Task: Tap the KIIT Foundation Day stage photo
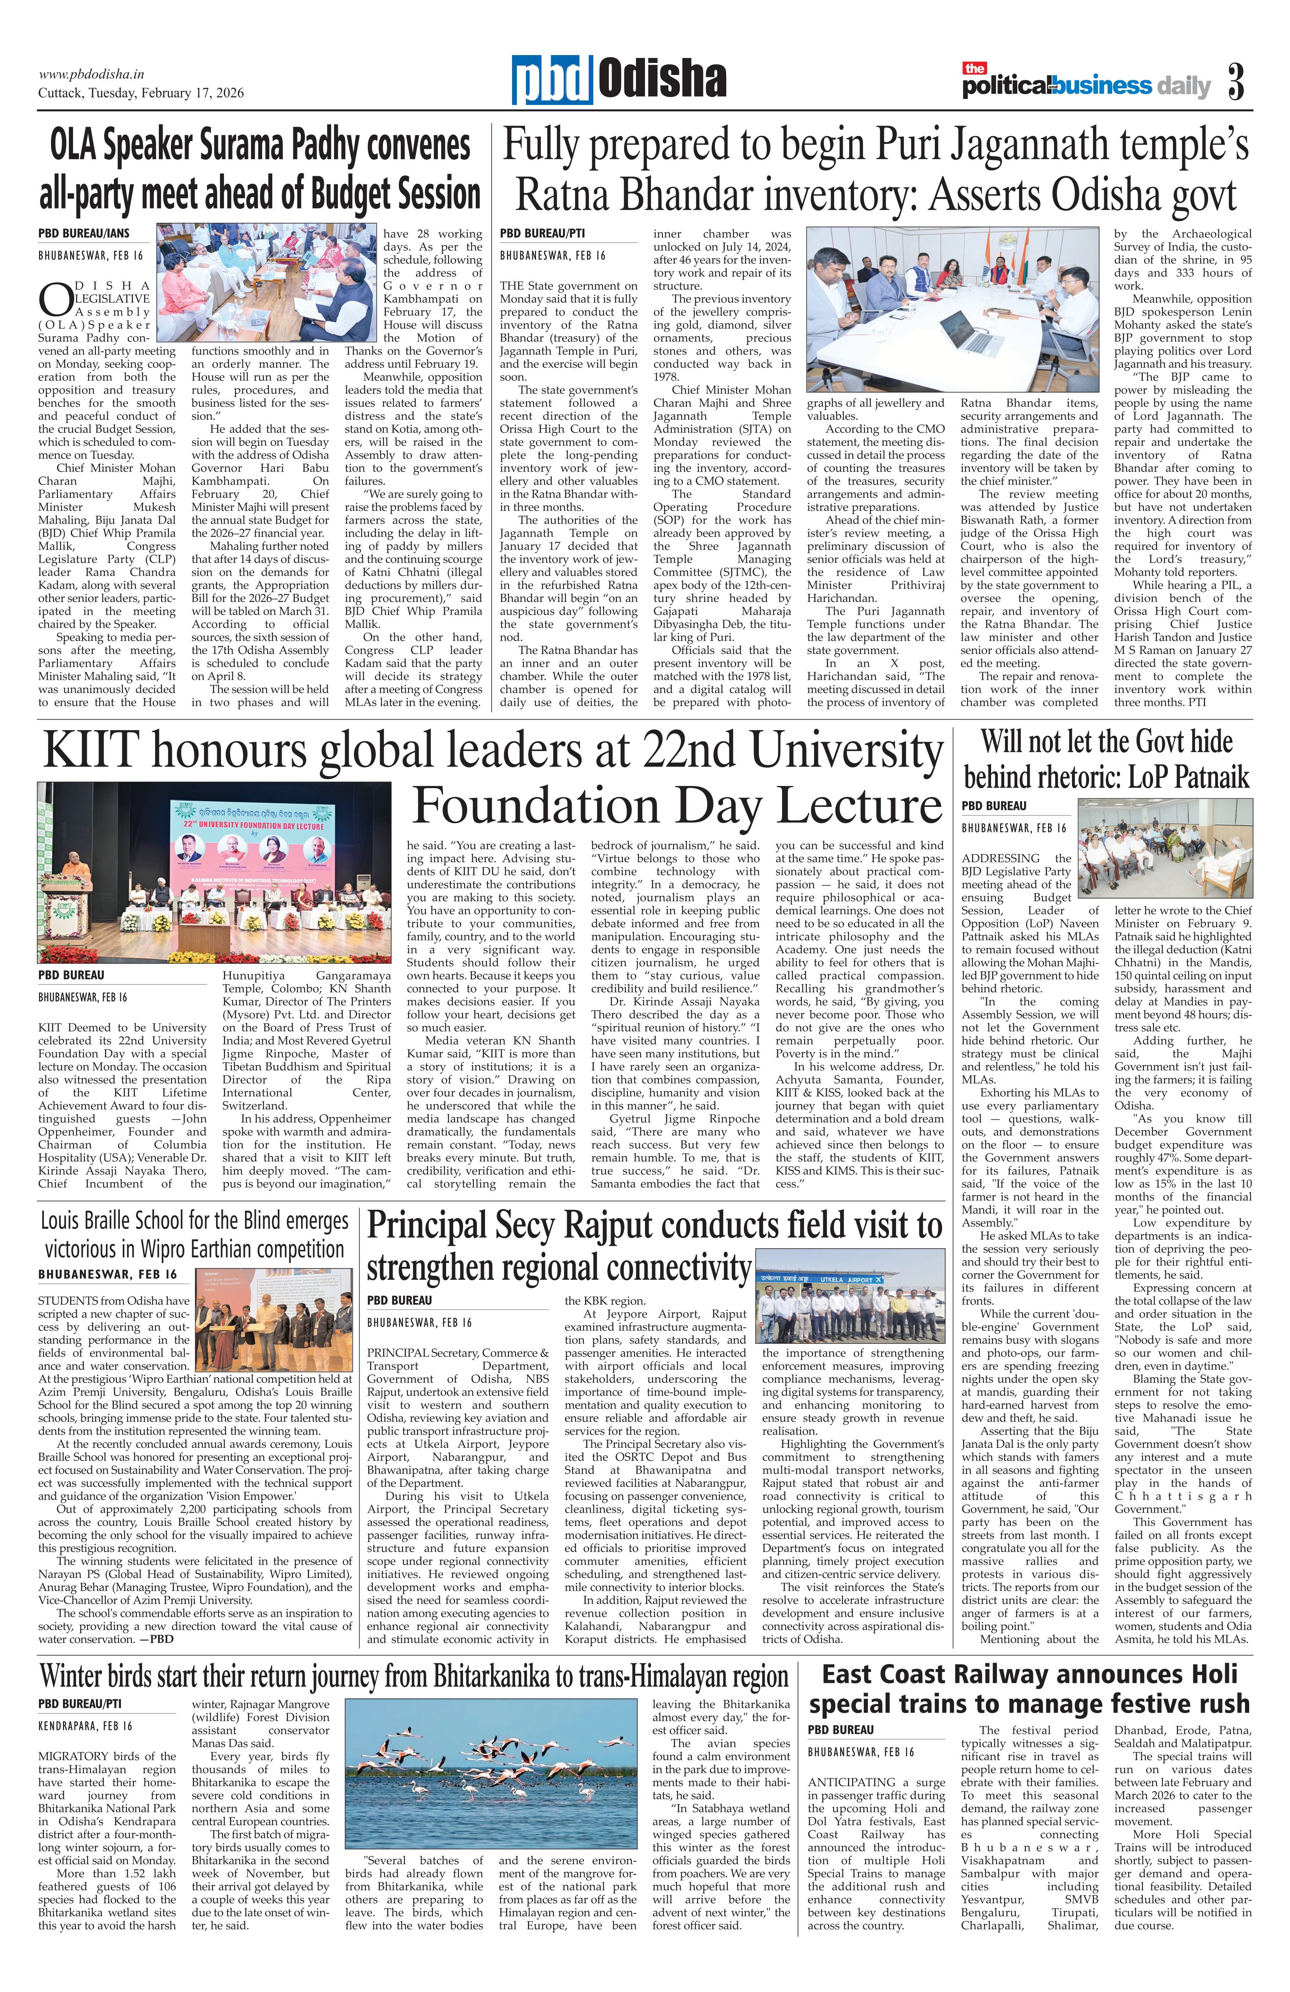pyautogui.click(x=214, y=872)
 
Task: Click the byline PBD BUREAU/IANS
pyautogui.click(x=84, y=233)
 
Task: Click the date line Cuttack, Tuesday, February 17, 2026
pyautogui.click(x=140, y=93)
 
